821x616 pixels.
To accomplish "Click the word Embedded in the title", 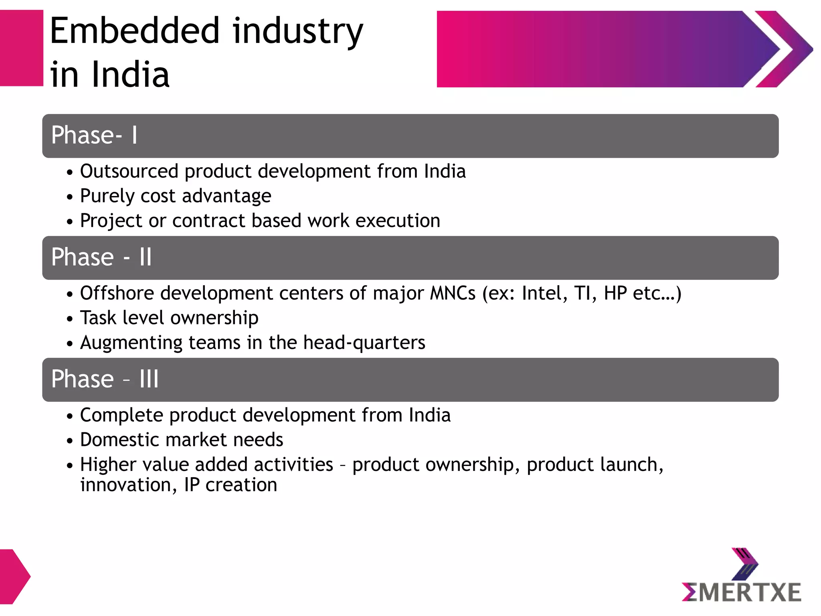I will pyautogui.click(x=135, y=31).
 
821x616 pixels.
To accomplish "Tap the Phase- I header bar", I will pyautogui.click(x=410, y=136).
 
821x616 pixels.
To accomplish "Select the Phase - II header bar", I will pyautogui.click(x=410, y=258).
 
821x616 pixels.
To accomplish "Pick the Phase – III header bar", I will pyautogui.click(x=410, y=380).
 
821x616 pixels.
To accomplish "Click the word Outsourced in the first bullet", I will pyautogui.click(x=129, y=172).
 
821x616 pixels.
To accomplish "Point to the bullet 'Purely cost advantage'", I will pyautogui.click(x=176, y=196).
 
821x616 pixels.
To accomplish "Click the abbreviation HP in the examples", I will pyautogui.click(x=615, y=293).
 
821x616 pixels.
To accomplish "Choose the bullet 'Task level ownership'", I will pyautogui.click(x=169, y=318).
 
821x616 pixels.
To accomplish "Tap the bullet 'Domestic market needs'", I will pyautogui.click(x=182, y=440).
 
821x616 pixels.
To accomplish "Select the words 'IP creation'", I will pyautogui.click(x=231, y=485).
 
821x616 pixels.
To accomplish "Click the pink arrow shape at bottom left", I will pyautogui.click(x=14, y=577).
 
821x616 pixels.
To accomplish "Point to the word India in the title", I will pyautogui.click(x=131, y=75).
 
